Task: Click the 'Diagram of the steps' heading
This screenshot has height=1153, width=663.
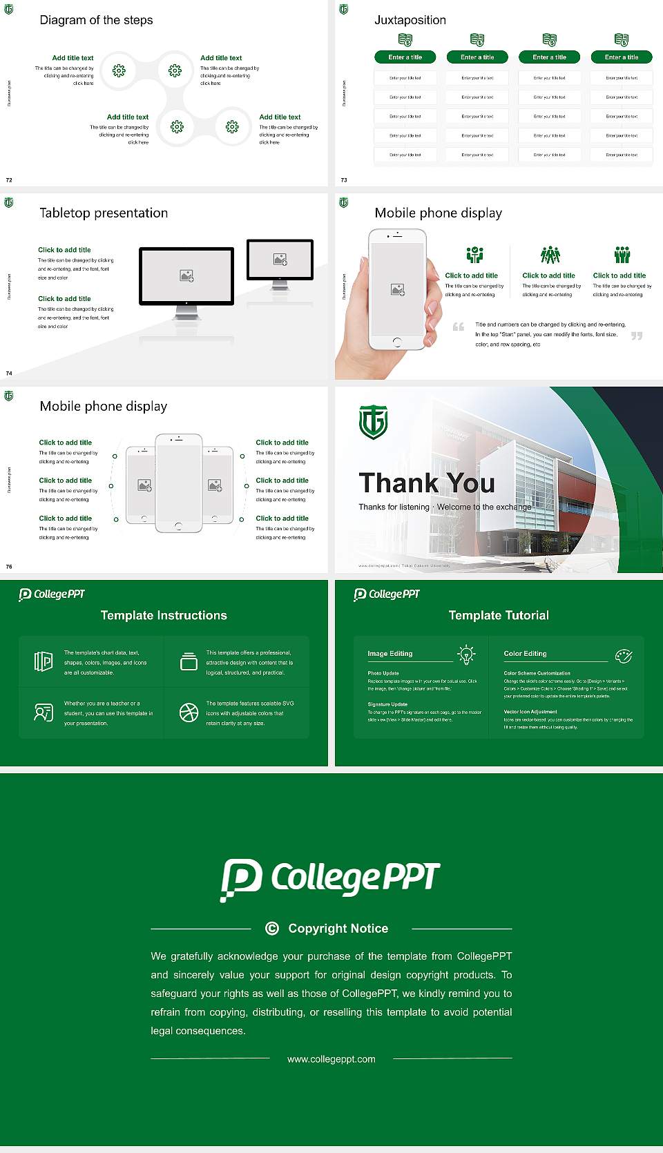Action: pos(96,20)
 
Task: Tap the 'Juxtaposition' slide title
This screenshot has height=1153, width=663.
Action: pos(410,20)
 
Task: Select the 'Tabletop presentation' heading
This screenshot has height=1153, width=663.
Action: pos(104,213)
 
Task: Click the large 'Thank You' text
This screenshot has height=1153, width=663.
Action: pos(427,483)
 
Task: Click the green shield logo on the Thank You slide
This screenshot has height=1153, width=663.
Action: pos(373,422)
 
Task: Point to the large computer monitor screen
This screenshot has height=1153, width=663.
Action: pos(186,275)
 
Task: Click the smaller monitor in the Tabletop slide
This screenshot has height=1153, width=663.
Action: pos(280,260)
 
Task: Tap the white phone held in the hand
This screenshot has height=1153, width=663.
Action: pos(397,289)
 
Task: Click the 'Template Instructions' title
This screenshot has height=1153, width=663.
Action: pos(164,615)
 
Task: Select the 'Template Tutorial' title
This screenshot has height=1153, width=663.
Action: pos(499,615)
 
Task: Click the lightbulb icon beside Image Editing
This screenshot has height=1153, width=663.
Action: pos(467,654)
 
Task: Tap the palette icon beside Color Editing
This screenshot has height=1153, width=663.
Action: pos(624,655)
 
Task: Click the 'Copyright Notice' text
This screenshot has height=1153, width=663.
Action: pos(338,929)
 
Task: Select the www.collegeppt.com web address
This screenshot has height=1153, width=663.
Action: pos(331,1059)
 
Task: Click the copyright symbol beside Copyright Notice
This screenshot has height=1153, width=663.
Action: pos(272,929)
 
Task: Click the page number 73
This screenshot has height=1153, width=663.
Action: pos(344,180)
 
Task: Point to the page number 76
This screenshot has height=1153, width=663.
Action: pos(9,567)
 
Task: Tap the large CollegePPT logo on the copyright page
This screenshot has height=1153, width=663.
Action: pos(330,879)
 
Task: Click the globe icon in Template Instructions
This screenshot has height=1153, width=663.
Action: pos(189,713)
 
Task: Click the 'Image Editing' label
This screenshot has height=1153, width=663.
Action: pos(390,654)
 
